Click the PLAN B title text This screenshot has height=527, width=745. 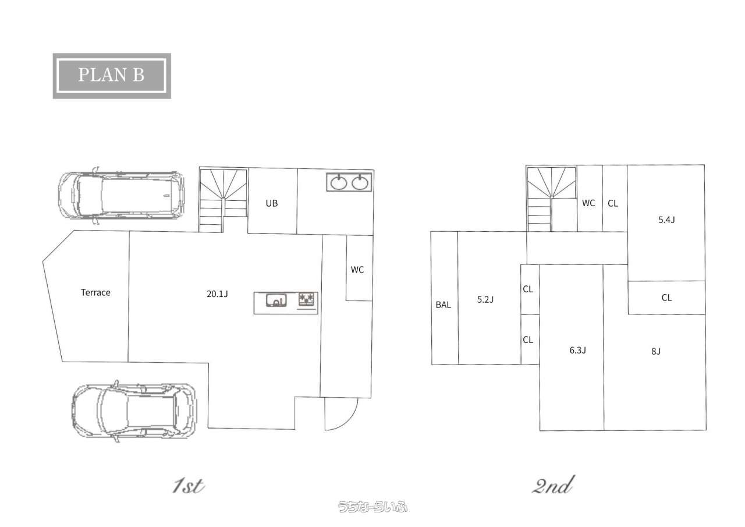pos(111,75)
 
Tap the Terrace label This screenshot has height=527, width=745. pos(95,292)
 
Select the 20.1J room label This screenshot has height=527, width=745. pos(217,293)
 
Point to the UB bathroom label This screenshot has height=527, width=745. pos(272,203)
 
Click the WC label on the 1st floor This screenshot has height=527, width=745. pos(357,270)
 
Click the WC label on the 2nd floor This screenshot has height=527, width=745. pos(588,203)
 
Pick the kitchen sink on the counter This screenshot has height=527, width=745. pos(276,300)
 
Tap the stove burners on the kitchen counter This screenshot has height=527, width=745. pos(307,299)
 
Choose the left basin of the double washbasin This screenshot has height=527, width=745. pos(339,183)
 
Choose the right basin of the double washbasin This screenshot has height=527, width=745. pos(360,183)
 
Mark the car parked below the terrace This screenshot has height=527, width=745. pos(134,411)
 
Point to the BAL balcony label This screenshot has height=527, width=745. pos(444,305)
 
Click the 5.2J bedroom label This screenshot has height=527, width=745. pos(485,299)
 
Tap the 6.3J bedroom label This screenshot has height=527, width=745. pos(578,350)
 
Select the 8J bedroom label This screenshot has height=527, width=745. pos(656,351)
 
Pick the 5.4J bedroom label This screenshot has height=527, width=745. pos(666,220)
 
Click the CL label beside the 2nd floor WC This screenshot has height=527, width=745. pos(613,203)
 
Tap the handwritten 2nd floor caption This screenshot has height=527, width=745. pos(553,486)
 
